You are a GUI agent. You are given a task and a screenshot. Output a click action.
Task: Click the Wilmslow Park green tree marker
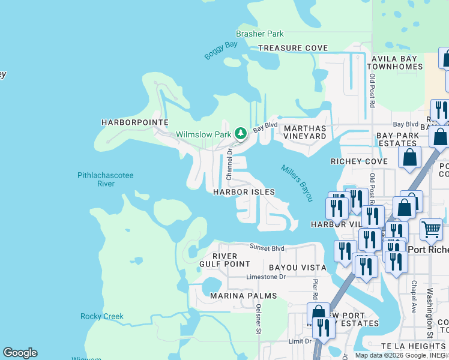(241, 133)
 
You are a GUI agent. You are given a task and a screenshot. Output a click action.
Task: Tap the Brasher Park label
(260, 34)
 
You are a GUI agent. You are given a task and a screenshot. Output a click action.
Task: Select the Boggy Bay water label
(221, 50)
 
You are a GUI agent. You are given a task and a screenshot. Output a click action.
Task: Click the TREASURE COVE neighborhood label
(293, 48)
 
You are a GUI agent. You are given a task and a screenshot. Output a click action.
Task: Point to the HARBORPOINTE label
(134, 122)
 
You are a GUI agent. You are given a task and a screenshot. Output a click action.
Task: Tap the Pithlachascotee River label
(105, 179)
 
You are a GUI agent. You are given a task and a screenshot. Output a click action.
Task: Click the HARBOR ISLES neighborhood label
(244, 192)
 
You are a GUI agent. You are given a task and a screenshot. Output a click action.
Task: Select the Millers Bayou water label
(297, 182)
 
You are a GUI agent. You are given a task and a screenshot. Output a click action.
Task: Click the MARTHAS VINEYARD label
(304, 132)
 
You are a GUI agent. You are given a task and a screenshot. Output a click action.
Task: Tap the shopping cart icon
(431, 229)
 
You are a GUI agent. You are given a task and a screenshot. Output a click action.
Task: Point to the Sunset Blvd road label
(267, 248)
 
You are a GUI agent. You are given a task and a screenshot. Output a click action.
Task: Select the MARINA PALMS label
(243, 296)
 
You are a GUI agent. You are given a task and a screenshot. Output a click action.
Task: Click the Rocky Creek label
(102, 316)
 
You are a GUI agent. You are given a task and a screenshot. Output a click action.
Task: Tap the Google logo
(20, 353)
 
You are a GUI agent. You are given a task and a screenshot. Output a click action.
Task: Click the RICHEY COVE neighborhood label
(359, 161)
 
